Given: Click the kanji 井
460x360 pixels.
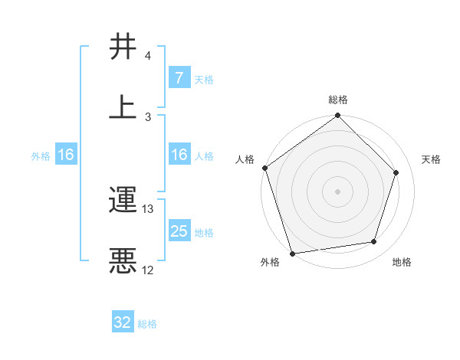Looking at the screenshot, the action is pyautogui.click(x=123, y=47).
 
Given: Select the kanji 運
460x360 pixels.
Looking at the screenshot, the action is pyautogui.click(x=123, y=201).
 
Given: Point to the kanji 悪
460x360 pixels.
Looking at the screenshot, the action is pyautogui.click(x=123, y=260).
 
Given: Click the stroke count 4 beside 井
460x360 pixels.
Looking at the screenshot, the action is pyautogui.click(x=148, y=56).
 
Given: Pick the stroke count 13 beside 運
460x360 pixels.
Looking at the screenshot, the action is pyautogui.click(x=149, y=209).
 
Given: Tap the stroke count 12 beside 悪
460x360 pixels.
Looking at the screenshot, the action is pyautogui.click(x=148, y=270).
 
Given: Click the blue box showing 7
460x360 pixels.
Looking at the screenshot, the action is pyautogui.click(x=179, y=78).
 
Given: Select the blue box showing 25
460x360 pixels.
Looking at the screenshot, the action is pyautogui.click(x=179, y=231).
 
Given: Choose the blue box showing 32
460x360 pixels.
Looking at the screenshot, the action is pyautogui.click(x=123, y=322).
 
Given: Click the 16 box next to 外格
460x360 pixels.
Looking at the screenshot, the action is pyautogui.click(x=66, y=155).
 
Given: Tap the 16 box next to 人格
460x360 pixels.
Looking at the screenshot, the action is pyautogui.click(x=179, y=155).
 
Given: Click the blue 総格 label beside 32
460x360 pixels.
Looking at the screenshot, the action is pyautogui.click(x=147, y=324).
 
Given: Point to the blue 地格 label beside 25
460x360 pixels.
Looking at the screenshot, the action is pyautogui.click(x=204, y=233).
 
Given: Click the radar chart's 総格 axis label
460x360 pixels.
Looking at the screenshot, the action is pyautogui.click(x=338, y=100).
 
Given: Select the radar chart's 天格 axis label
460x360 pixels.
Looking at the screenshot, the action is pyautogui.click(x=431, y=159).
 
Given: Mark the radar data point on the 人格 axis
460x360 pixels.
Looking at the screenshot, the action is pyautogui.click(x=265, y=168).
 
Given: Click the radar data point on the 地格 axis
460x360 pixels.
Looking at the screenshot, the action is pyautogui.click(x=374, y=242).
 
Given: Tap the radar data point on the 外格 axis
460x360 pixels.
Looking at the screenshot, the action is pyautogui.click(x=292, y=253).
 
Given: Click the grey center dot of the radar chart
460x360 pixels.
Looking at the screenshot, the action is pyautogui.click(x=338, y=191).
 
